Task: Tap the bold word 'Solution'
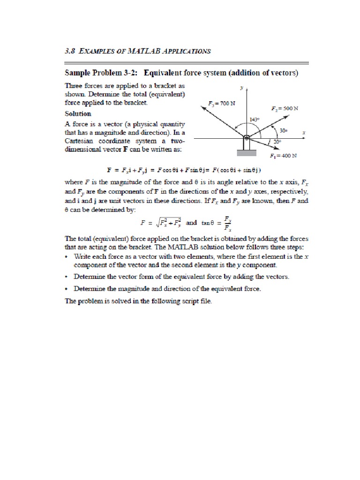(78, 114)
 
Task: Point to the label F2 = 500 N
(285, 108)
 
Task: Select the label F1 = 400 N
(284, 156)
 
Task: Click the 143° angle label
(255, 120)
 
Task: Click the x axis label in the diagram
(304, 133)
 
